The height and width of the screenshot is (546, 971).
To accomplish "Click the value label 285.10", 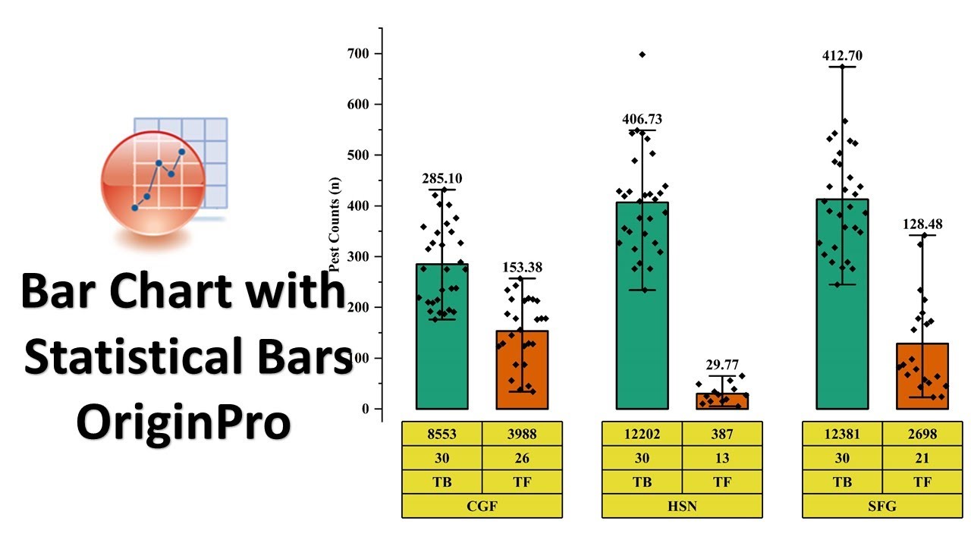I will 442,179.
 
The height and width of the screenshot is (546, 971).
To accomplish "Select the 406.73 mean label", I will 642,119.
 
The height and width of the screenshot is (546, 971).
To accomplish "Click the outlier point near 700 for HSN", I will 643,55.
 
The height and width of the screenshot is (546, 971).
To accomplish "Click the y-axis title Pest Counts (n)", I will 334,224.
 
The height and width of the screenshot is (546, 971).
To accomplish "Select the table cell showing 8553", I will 442,435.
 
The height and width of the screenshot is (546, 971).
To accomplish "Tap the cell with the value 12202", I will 642,435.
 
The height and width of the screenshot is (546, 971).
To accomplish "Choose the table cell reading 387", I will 722,435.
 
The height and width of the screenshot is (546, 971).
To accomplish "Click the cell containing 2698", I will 922,435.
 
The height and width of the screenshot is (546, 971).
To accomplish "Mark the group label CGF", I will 482,506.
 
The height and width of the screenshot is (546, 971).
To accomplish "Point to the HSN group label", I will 682,506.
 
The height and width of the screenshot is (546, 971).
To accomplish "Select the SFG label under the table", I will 882,506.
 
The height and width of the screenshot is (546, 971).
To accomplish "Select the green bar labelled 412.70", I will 842,303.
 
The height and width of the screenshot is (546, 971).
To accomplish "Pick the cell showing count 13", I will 722,458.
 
